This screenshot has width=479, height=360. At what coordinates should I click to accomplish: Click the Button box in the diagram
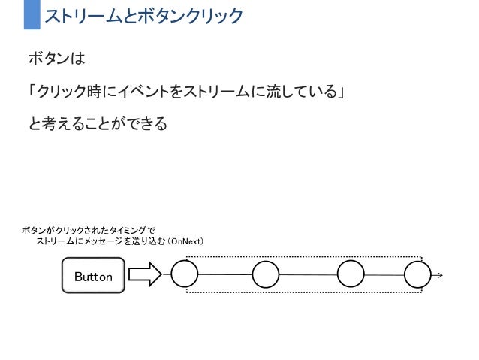[92, 277]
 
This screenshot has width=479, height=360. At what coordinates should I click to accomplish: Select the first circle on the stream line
[185, 274]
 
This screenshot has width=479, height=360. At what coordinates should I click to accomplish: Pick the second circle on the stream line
[266, 274]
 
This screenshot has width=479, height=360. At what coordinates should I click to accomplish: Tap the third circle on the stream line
[351, 274]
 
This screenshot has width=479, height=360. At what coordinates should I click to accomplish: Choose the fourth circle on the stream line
[417, 274]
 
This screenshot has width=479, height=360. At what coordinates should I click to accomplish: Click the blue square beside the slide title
[32, 15]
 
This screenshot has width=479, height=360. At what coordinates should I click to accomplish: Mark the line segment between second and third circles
[308, 274]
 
